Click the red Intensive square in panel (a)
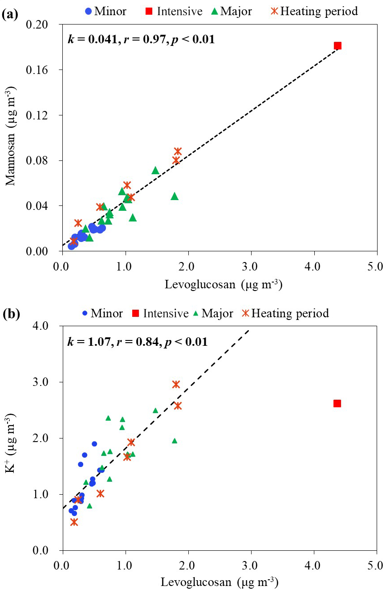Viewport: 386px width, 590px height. click(337, 45)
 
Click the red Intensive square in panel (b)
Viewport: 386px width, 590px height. click(337, 403)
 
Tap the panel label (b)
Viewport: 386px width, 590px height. click(10, 314)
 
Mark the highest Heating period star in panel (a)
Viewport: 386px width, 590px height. click(178, 151)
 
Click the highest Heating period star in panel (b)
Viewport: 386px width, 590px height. click(176, 384)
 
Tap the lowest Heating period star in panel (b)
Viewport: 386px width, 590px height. click(74, 522)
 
